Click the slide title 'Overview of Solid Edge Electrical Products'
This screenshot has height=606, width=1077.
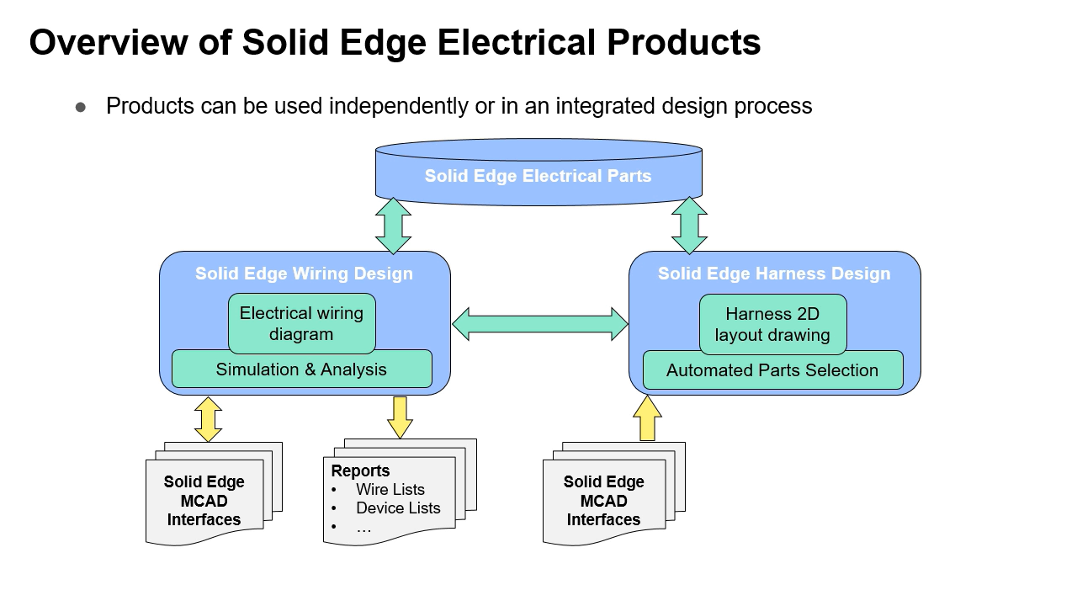395,42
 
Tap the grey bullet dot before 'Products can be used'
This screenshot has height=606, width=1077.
81,107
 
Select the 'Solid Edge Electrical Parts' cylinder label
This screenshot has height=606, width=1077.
538,177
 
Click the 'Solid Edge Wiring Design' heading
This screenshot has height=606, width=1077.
304,274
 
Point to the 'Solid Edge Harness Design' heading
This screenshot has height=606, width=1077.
773,274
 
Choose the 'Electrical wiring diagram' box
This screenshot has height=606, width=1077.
301,323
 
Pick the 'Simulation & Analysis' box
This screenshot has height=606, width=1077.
301,369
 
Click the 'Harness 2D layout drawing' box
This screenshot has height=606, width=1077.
772,324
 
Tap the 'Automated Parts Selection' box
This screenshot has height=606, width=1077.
772,370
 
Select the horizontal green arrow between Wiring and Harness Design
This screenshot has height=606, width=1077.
540,323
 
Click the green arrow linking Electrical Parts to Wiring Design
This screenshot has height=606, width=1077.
393,226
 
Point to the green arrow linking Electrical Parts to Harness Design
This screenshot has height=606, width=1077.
689,226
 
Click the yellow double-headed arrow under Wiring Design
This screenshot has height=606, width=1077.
208,419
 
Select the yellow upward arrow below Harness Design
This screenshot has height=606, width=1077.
647,418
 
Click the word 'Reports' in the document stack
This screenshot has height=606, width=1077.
360,470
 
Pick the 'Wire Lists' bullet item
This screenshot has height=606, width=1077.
390,489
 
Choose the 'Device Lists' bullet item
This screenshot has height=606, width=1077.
398,508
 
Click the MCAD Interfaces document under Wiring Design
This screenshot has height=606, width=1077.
204,501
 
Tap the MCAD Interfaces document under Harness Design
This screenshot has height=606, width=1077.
603,501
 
